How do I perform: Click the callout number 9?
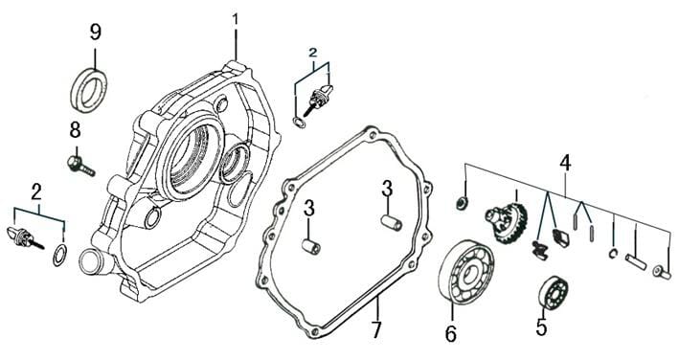tap(95, 33)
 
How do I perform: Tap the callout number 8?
tap(75, 130)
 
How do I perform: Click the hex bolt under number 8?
tap(80, 166)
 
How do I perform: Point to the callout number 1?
tap(236, 19)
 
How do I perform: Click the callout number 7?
tap(375, 330)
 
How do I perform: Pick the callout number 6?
tap(451, 333)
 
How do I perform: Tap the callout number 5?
tap(541, 326)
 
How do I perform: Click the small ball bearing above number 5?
tap(553, 292)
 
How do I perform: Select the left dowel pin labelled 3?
tap(311, 247)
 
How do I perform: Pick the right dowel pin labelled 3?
tap(392, 223)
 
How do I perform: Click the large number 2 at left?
tap(36, 192)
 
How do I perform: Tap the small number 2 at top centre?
tap(312, 53)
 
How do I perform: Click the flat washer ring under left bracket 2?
tap(59, 255)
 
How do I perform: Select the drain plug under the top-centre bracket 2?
tap(318, 100)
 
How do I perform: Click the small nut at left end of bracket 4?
tap(462, 202)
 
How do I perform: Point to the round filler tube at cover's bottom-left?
tap(92, 261)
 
